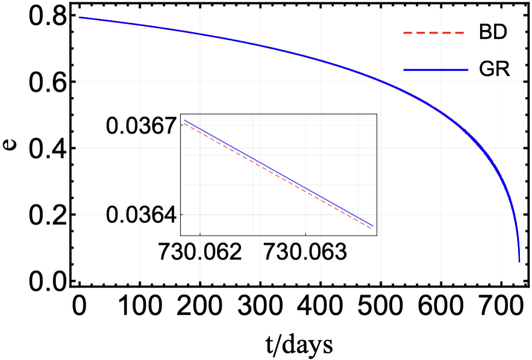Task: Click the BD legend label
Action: [493, 33]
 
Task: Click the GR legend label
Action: [495, 70]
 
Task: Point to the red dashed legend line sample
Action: [434, 33]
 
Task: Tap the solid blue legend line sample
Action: [436, 70]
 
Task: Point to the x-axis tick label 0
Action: [79, 306]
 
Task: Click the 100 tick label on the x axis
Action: [139, 306]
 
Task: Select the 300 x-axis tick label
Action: [260, 306]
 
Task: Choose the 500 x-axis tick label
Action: [381, 306]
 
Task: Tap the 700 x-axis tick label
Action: [501, 306]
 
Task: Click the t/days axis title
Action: [299, 344]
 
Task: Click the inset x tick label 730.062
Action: [200, 252]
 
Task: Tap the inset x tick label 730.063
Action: [305, 252]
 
